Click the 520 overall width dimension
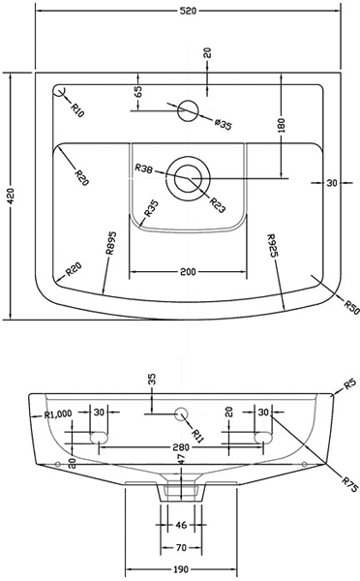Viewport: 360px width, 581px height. (188, 11)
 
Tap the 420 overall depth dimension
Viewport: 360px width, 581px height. (11, 196)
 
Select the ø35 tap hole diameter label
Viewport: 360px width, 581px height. (223, 124)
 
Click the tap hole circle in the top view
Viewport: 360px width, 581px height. (188, 110)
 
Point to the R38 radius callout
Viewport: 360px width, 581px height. (143, 168)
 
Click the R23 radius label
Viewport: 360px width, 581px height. (218, 205)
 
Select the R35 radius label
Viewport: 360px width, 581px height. (151, 208)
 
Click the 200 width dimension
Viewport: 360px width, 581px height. (188, 272)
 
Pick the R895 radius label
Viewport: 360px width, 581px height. (110, 243)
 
